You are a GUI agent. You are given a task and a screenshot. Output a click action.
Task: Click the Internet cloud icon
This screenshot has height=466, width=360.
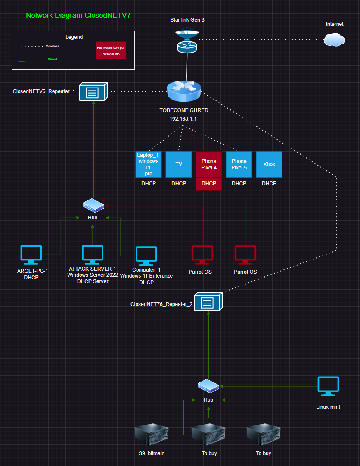(334, 40)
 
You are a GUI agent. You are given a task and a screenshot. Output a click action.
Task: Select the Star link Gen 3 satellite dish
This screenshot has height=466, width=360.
(187, 33)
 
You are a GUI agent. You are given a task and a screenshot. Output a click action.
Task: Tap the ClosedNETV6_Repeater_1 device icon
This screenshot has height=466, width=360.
(93, 92)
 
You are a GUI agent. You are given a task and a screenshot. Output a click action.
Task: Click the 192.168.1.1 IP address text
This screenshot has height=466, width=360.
(184, 119)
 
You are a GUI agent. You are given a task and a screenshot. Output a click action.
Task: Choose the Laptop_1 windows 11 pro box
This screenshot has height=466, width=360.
(149, 164)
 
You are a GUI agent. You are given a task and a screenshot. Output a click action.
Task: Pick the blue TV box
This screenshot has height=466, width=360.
(179, 164)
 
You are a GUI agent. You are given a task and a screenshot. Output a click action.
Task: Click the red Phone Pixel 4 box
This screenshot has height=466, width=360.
(209, 164)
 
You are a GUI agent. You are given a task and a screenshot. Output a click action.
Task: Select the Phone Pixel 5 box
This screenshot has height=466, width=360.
(239, 164)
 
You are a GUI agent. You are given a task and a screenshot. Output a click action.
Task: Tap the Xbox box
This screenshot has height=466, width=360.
(269, 164)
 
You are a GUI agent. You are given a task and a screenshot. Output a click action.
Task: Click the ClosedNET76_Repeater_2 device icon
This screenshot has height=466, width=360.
(208, 302)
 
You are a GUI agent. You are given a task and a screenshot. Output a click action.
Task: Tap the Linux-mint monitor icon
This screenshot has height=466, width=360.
(328, 387)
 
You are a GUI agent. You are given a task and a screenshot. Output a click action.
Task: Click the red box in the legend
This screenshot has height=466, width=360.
(111, 50)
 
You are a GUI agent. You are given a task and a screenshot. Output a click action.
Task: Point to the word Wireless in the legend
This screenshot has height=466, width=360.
(53, 46)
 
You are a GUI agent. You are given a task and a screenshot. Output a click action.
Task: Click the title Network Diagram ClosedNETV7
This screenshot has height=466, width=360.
(78, 15)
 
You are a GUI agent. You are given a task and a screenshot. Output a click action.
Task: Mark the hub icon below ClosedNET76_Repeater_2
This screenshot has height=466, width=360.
(208, 386)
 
